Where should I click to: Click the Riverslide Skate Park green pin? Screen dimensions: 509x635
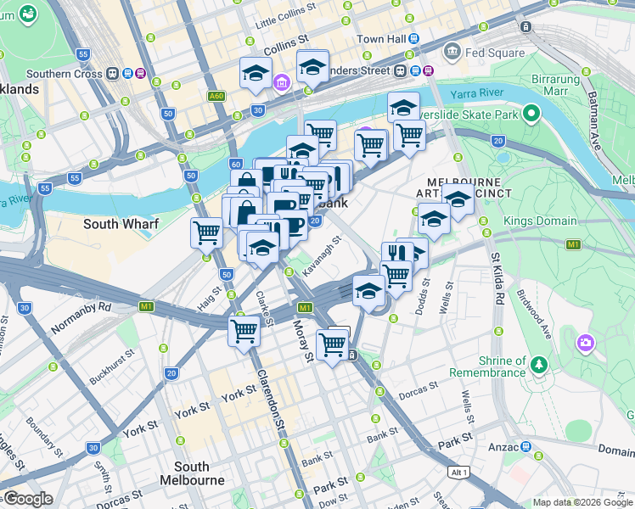point(532,114)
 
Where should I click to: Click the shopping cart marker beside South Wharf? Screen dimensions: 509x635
point(206,232)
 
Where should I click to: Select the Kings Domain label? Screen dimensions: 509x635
point(540,221)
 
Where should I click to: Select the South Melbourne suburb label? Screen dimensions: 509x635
point(192,473)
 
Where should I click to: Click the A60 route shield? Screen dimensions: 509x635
point(216,96)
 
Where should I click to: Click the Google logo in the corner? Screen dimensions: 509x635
point(27,499)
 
